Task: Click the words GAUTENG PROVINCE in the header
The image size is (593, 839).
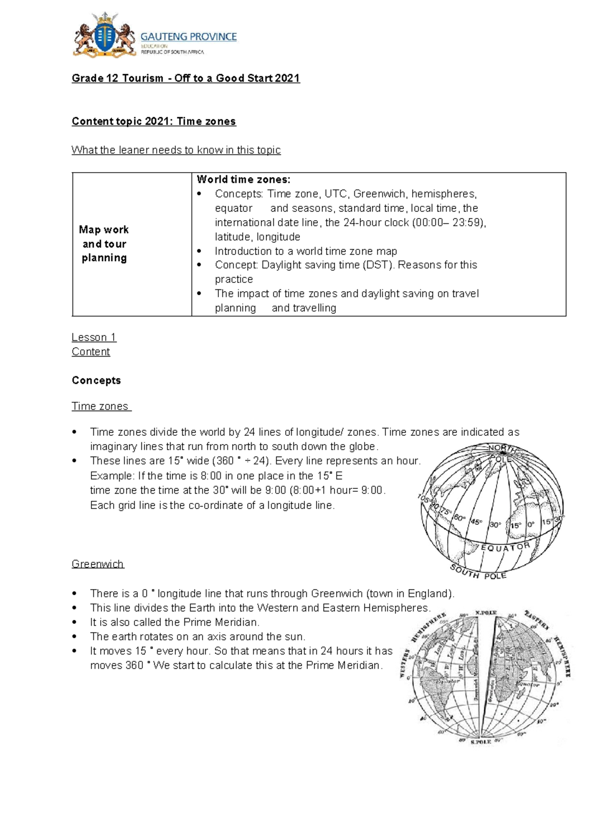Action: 188,37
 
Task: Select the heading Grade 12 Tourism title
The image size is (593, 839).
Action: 185,78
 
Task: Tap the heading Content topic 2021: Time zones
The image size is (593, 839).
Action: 154,121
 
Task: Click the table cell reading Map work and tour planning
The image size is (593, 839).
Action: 104,244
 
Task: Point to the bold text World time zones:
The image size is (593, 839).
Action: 244,179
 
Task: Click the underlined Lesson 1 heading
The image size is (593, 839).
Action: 94,337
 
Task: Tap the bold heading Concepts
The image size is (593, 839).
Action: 96,380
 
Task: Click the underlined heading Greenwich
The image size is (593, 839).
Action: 97,564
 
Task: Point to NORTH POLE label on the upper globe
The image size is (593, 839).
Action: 502,453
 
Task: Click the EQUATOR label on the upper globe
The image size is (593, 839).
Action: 505,548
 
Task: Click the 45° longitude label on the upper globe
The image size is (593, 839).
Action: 476,521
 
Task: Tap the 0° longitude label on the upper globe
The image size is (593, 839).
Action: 531,524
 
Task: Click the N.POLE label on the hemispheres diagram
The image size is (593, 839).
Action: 486,612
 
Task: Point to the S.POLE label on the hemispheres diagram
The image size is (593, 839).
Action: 481,742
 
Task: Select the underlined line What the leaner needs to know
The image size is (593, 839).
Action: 176,150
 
